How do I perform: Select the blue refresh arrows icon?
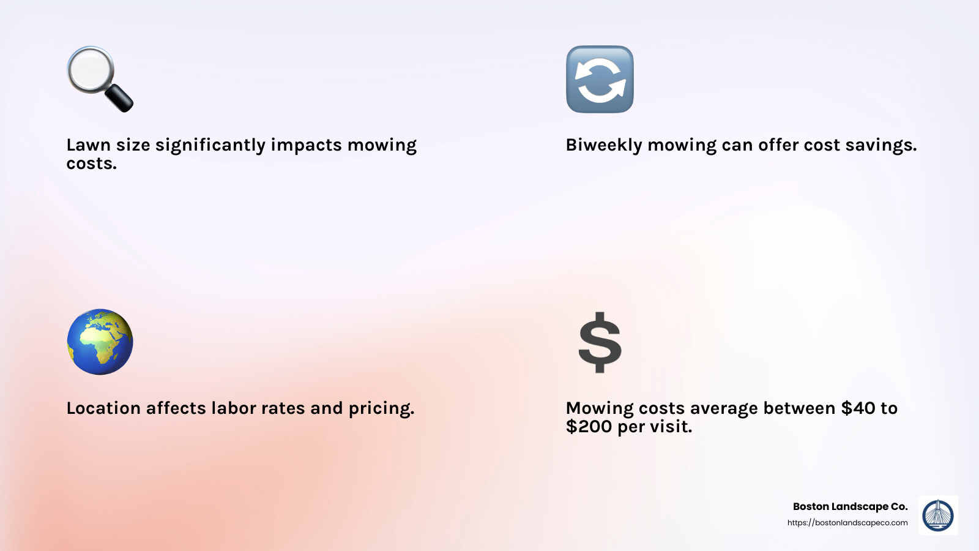pyautogui.click(x=600, y=79)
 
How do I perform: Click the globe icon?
pyautogui.click(x=100, y=342)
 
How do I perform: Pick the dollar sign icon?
pyautogui.click(x=600, y=342)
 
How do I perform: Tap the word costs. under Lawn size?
pyautogui.click(x=91, y=164)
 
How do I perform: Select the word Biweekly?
pyautogui.click(x=603, y=146)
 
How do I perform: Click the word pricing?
pyautogui.click(x=381, y=409)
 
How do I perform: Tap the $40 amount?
pyautogui.click(x=858, y=408)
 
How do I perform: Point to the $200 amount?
pyautogui.click(x=589, y=427)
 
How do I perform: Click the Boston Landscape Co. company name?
pyautogui.click(x=850, y=506)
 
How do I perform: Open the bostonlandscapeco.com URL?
pyautogui.click(x=847, y=523)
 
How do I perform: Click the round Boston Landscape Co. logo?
pyautogui.click(x=938, y=515)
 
